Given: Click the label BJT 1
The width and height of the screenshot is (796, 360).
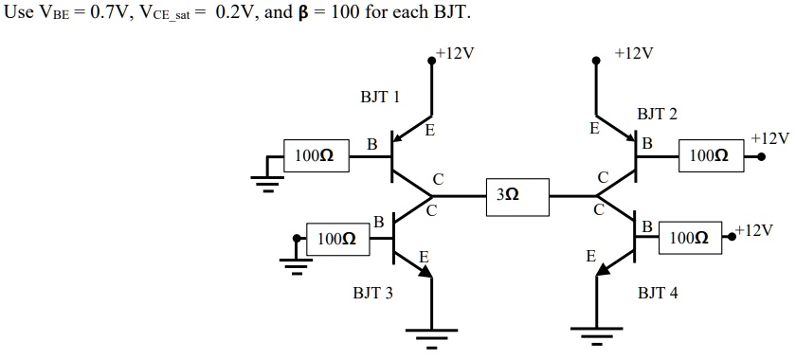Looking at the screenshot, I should point(379,97).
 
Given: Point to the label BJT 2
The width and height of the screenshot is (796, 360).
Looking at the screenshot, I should point(657,115).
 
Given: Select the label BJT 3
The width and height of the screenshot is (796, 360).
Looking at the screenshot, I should point(372,294).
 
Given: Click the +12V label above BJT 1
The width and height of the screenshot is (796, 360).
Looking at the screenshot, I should point(454,53).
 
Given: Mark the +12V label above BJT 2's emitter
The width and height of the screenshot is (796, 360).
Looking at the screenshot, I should point(634,53).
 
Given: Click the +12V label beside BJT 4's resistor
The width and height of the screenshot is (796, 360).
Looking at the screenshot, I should point(753,230).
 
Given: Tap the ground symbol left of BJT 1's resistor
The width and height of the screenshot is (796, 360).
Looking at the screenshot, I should point(268,183).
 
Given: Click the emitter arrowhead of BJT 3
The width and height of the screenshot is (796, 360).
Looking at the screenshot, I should point(425,270).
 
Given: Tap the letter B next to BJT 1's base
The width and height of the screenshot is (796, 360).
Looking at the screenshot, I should point(372,144).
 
